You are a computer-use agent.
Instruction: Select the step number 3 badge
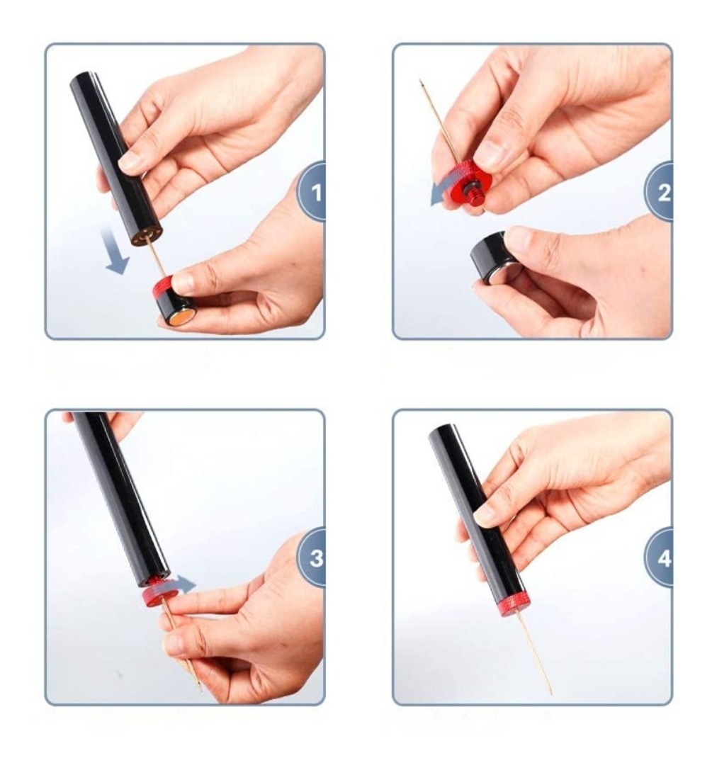tap(312, 558)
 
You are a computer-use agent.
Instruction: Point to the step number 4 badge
tap(660, 558)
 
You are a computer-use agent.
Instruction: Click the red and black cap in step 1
tap(174, 300)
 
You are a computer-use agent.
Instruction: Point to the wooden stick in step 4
tap(535, 653)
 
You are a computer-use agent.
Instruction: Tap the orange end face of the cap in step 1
tap(183, 317)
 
